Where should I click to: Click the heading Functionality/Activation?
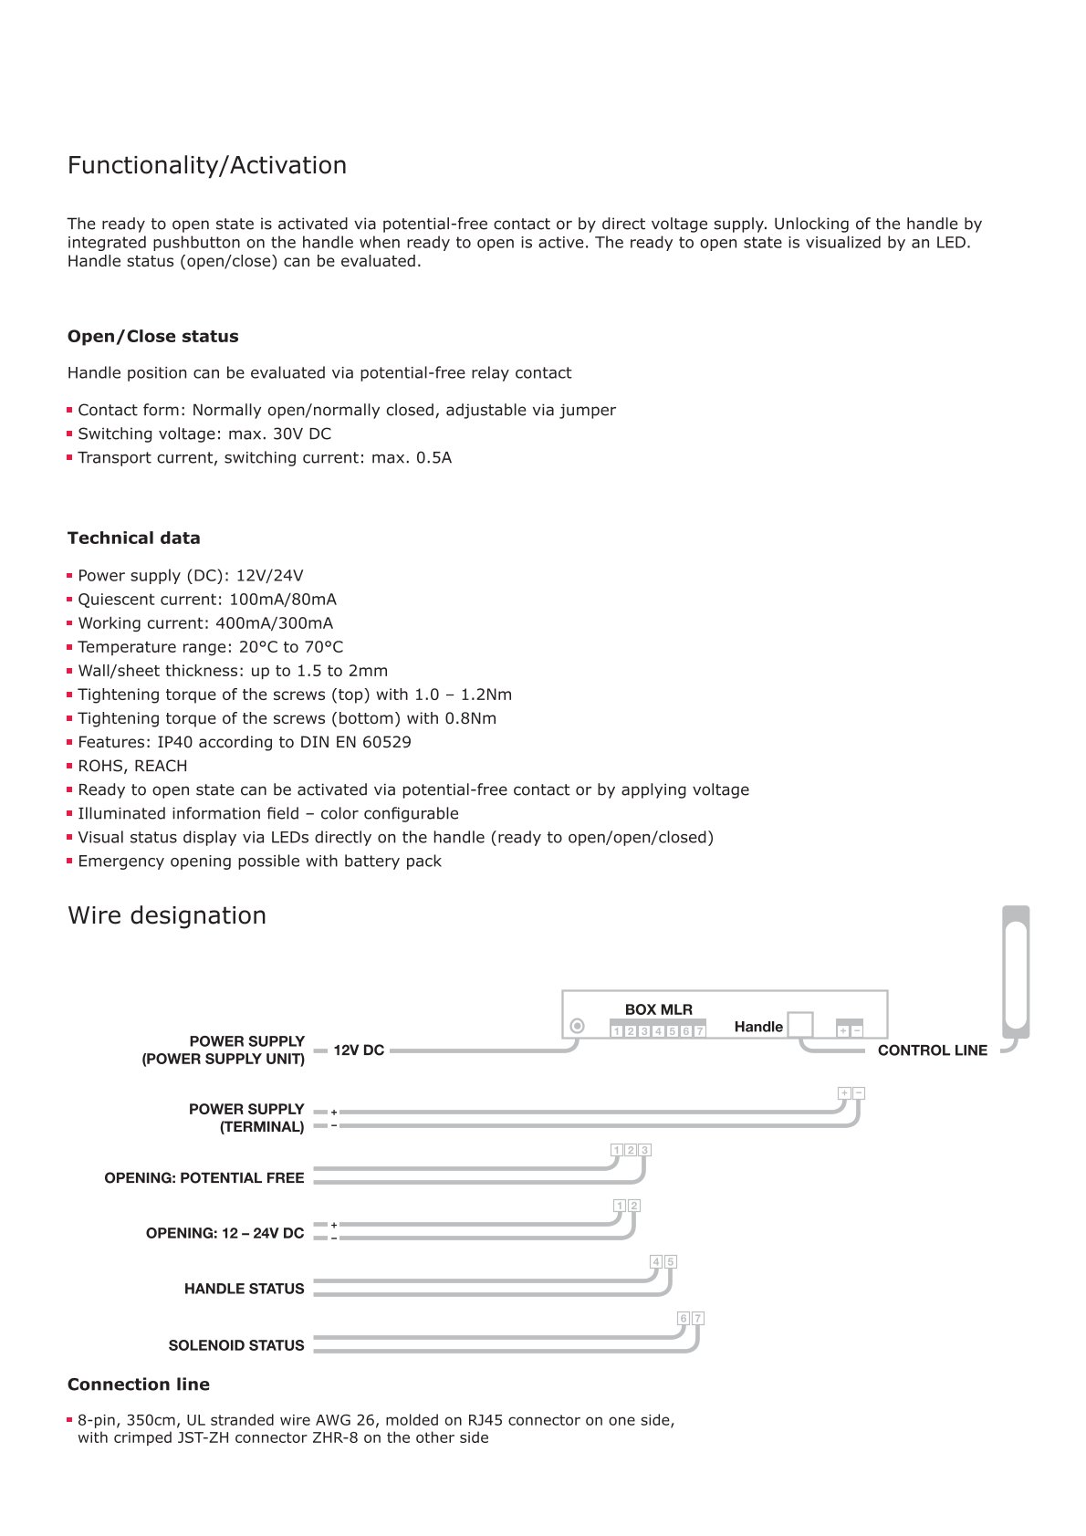tap(207, 165)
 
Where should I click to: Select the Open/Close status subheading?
tap(152, 336)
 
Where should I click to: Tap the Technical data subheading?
tap(133, 538)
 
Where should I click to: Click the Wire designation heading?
tap(167, 915)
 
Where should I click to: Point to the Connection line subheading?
tap(138, 1384)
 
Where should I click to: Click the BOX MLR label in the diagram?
tap(658, 1009)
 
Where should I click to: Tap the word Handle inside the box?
tap(758, 1027)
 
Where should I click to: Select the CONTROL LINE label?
tap(932, 1050)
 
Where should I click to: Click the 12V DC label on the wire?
tap(359, 1050)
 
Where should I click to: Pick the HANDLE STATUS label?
tap(244, 1289)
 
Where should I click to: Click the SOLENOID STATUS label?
tap(235, 1345)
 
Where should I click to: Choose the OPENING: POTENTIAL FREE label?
tap(204, 1178)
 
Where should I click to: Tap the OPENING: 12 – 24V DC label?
tap(225, 1233)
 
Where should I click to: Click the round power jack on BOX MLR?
tap(577, 1026)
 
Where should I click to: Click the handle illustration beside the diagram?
tap(1016, 972)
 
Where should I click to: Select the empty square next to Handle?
tap(800, 1024)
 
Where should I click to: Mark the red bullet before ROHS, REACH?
tap(69, 767)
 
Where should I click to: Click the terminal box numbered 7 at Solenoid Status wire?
tap(698, 1318)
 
